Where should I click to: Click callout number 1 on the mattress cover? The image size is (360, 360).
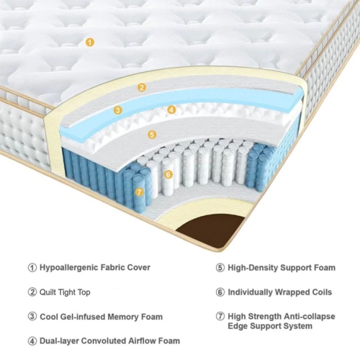point(89,42)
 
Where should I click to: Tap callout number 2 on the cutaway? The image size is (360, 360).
point(142,88)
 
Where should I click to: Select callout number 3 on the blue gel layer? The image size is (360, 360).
point(118,110)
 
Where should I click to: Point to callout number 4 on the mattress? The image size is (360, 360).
point(171,110)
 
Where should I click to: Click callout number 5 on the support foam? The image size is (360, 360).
point(152,134)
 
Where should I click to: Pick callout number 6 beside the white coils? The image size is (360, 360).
point(168,174)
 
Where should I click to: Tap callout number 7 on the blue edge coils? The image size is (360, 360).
point(140,192)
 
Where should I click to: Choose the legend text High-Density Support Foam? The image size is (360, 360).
point(282,268)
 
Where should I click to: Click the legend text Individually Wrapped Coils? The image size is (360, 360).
point(280,292)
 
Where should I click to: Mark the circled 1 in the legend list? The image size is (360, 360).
point(32,268)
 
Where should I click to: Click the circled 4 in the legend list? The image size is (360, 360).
point(32,341)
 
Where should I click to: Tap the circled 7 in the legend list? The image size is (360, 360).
point(220,316)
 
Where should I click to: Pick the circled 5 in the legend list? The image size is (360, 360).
point(220,268)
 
